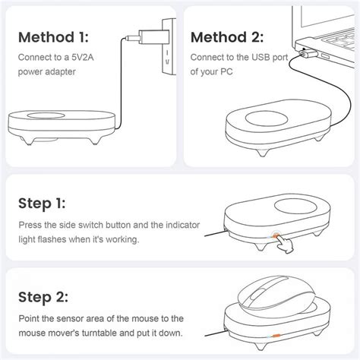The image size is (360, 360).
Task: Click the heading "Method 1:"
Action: pyautogui.click(x=53, y=37)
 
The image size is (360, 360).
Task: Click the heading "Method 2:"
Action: pyautogui.click(x=227, y=37)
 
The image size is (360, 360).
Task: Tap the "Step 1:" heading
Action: pyautogui.click(x=42, y=204)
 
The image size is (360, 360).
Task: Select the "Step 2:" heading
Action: pyautogui.click(x=43, y=297)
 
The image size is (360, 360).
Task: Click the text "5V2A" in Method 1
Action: pyautogui.click(x=83, y=58)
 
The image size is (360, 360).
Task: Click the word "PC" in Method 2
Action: pyautogui.click(x=226, y=71)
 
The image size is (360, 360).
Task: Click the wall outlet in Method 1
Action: pyautogui.click(x=169, y=46)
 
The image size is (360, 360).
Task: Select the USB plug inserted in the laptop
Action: pyautogui.click(x=307, y=53)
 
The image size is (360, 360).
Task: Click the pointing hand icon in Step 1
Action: pyautogui.click(x=283, y=243)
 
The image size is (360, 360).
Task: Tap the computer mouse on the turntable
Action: pyautogui.click(x=276, y=295)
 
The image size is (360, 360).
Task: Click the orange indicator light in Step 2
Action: pyautogui.click(x=276, y=336)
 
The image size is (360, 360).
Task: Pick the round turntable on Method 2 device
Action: pyautogui.click(x=267, y=119)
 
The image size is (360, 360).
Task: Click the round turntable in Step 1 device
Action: pyautogui.click(x=296, y=206)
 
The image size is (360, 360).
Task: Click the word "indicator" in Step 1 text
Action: pyautogui.click(x=183, y=225)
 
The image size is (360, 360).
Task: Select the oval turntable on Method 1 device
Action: pyautogui.click(x=46, y=115)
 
